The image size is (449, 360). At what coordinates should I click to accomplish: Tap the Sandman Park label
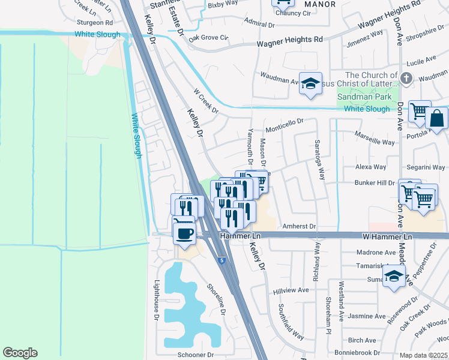[364, 97]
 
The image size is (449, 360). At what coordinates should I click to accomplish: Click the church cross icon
[406, 79]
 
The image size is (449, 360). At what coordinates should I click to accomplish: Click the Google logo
[20, 353]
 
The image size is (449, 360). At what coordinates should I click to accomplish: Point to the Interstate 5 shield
[223, 260]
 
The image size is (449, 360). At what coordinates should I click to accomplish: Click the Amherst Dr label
[299, 226]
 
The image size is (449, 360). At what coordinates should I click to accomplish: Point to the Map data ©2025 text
[423, 355]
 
